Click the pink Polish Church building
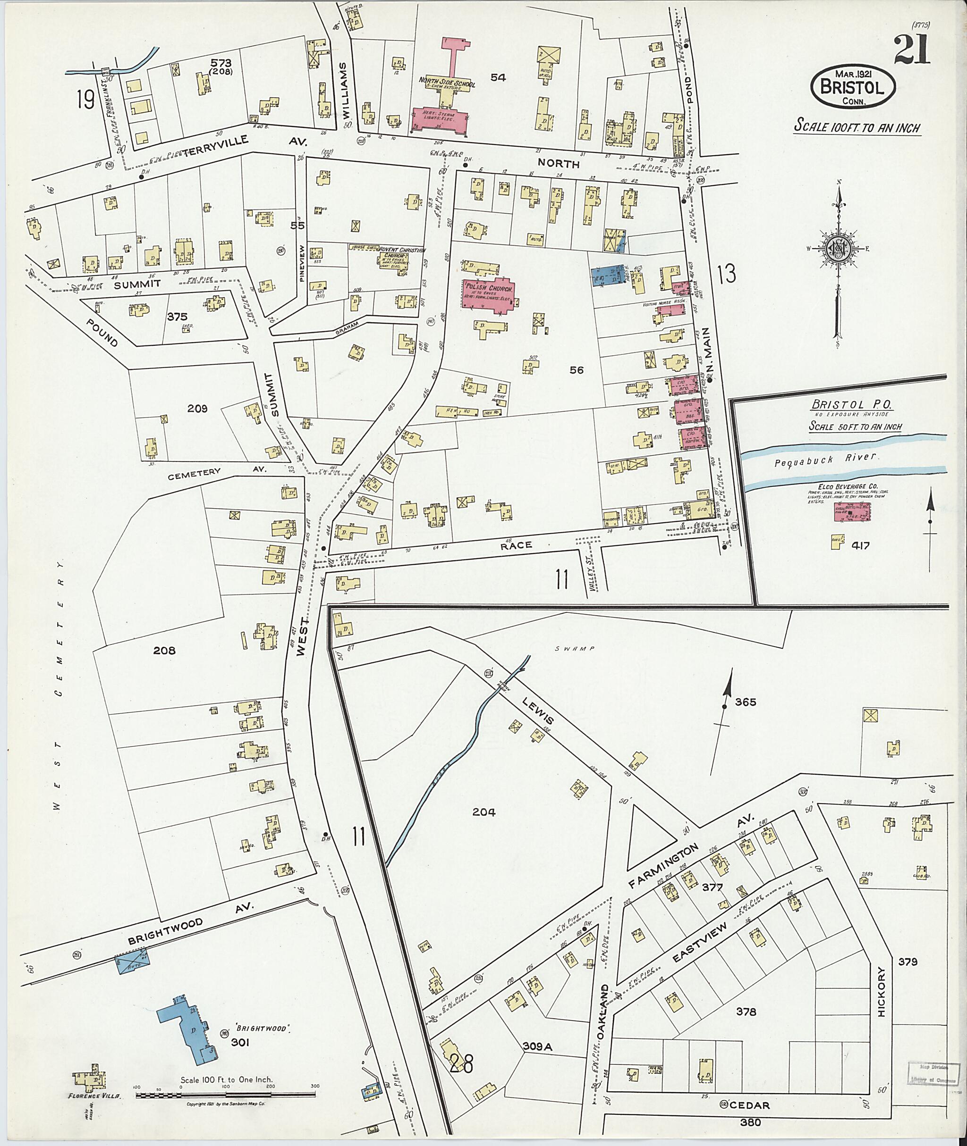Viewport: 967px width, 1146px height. pyautogui.click(x=490, y=296)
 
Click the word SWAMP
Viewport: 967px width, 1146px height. pyautogui.click(x=582, y=648)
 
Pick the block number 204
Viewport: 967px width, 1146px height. pyautogui.click(x=483, y=812)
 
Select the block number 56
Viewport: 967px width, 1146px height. pyautogui.click(x=576, y=370)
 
